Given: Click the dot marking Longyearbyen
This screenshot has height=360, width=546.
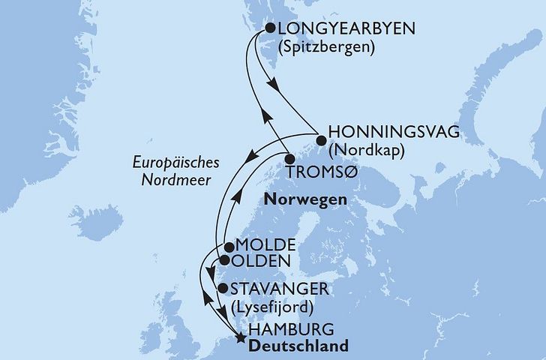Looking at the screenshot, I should pos(268,28).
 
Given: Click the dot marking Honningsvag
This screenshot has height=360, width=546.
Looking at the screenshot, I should pos(320,139).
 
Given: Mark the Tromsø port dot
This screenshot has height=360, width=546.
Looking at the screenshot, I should pos(289,159).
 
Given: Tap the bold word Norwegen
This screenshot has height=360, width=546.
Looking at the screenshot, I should pos(304,200).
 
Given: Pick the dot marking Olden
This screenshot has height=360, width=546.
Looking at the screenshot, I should pos(223,261).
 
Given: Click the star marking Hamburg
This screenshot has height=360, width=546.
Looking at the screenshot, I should pos(239,337).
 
